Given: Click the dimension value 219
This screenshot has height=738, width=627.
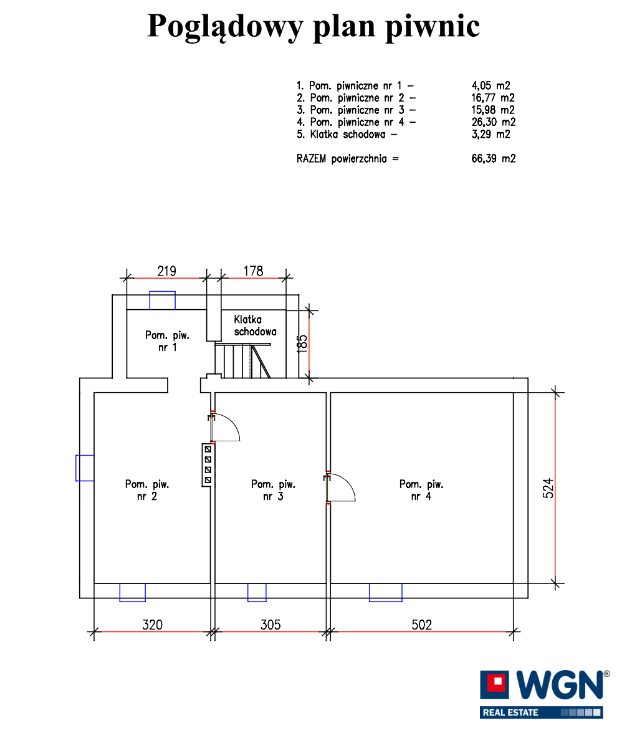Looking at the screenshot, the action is point(166,271).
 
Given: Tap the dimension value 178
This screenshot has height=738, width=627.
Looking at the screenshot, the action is point(253,271).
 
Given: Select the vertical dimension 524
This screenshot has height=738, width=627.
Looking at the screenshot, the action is point(548,488).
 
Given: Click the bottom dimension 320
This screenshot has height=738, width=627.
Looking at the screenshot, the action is point(153,625).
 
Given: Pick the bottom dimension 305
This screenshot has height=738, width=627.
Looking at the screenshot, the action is point(270,625).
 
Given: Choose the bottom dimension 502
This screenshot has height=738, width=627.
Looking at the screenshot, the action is point(422,625).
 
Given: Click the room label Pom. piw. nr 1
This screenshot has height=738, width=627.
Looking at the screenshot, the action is point(167,341).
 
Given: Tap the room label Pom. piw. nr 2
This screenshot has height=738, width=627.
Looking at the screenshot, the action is point(147,490).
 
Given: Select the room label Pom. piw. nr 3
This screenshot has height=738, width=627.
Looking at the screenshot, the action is point(273,490).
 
